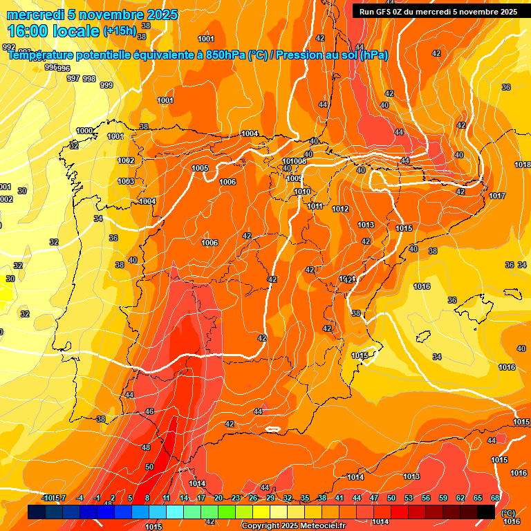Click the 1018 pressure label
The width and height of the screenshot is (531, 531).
(x=523, y=165)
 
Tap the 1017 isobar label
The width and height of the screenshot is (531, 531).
(x=496, y=196)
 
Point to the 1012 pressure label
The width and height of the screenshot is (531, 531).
(x=340, y=209)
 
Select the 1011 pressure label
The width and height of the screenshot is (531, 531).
(x=315, y=206)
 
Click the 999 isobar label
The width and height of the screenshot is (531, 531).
(x=106, y=85)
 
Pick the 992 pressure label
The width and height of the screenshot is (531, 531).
(x=9, y=47)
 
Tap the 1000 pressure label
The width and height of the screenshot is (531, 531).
(x=84, y=131)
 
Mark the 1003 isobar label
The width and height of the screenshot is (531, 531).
(x=126, y=181)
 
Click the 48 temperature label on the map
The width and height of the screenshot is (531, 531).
(x=146, y=447)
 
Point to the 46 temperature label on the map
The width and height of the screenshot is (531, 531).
(x=149, y=411)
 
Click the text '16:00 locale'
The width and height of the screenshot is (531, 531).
(x=53, y=30)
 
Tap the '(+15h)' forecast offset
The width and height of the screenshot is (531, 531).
(x=120, y=30)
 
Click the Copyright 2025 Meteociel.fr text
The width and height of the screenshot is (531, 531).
(x=293, y=526)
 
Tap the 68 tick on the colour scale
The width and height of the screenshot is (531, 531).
(x=495, y=498)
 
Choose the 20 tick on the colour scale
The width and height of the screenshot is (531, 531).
(x=218, y=498)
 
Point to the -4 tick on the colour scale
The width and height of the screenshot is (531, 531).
(x=80, y=498)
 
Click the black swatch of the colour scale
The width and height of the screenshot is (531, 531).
(x=486, y=512)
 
